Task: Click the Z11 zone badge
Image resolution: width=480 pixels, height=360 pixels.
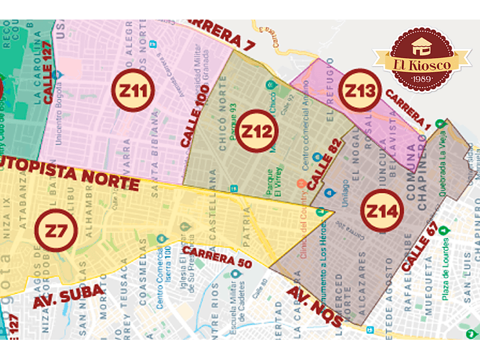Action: point(136,90)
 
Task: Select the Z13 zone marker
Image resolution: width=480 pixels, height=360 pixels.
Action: point(357,92)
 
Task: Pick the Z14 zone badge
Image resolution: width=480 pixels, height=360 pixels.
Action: point(383,211)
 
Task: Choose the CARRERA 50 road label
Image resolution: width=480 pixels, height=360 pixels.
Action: point(216,257)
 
